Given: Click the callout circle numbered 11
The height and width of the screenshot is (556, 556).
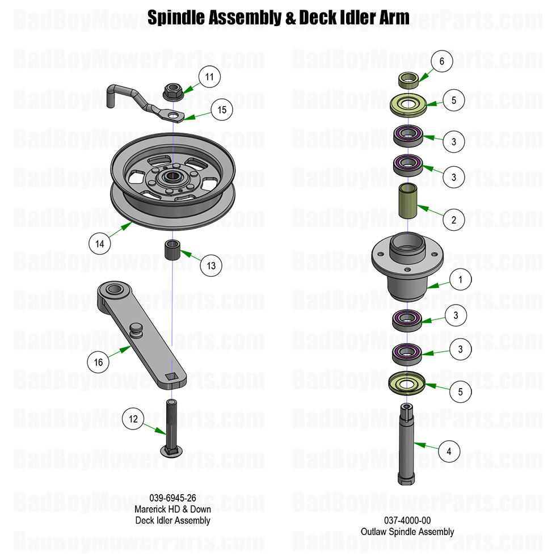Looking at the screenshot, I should (209, 77).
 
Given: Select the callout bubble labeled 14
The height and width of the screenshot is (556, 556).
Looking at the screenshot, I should (100, 243).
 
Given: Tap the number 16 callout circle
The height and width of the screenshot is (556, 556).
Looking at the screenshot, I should (98, 362).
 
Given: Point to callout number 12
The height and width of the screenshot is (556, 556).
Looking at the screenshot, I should (133, 419).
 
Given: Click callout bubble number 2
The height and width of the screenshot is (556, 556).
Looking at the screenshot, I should (453, 220).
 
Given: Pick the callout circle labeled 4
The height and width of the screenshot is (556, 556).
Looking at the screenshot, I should (449, 452).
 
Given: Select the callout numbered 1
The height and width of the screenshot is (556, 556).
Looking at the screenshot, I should (461, 279).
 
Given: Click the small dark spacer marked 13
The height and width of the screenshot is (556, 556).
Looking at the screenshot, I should (172, 250).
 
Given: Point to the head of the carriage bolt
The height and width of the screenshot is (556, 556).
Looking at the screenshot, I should (171, 450).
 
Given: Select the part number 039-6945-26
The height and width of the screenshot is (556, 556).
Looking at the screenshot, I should (172, 498).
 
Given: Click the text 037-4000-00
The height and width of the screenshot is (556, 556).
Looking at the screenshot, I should (407, 520).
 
